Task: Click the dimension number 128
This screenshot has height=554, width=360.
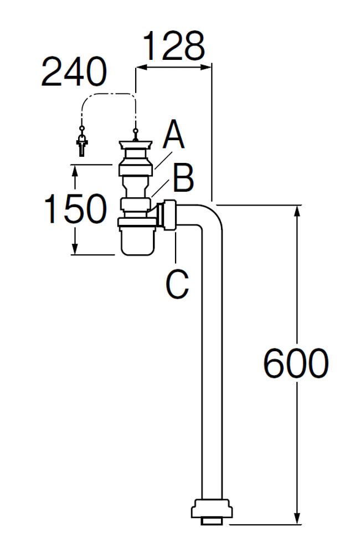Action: (x=174, y=46)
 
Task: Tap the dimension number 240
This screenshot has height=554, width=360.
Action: (x=74, y=72)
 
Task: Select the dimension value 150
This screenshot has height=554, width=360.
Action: (x=76, y=208)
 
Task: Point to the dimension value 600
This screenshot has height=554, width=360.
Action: (x=296, y=363)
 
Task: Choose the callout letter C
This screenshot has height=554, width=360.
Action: (x=177, y=284)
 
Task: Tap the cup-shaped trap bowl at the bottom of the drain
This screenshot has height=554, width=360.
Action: (x=137, y=241)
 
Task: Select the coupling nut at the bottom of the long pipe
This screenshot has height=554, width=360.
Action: (x=212, y=512)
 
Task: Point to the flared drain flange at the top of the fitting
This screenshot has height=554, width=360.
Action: (x=136, y=145)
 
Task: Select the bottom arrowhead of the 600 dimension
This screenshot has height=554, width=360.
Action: (x=297, y=519)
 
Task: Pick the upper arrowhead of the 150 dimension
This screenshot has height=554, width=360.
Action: (x=75, y=171)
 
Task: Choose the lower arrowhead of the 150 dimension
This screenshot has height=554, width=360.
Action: (x=75, y=248)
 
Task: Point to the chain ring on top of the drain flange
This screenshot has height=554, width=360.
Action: (x=135, y=131)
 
